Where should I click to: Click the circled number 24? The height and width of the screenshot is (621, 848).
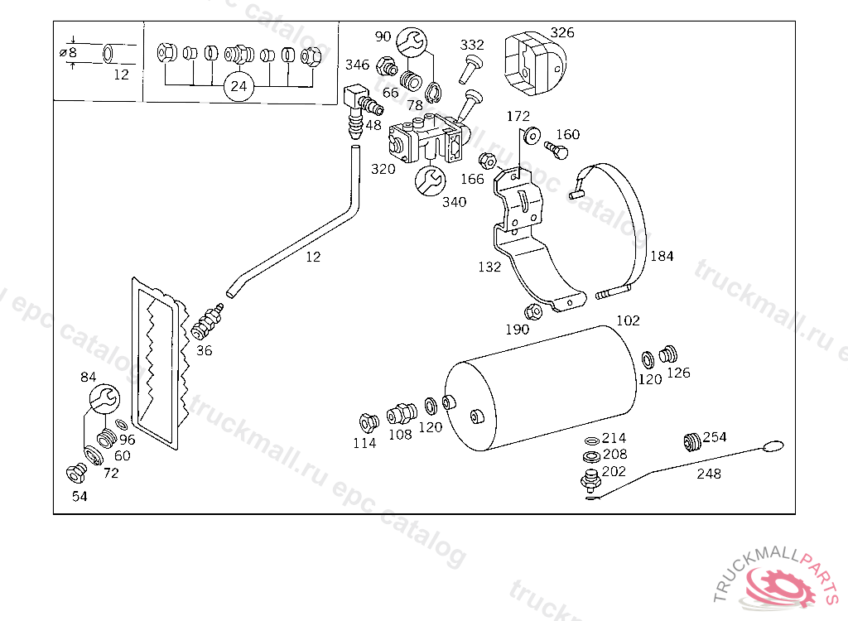click(x=238, y=86)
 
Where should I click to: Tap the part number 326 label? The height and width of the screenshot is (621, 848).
click(x=562, y=32)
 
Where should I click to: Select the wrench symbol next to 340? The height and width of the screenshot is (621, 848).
click(x=430, y=180)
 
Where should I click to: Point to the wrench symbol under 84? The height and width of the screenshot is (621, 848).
click(x=104, y=399)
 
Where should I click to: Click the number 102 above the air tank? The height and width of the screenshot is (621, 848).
click(x=628, y=320)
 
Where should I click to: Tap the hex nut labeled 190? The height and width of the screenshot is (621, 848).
click(x=533, y=311)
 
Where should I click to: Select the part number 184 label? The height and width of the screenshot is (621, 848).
click(x=662, y=256)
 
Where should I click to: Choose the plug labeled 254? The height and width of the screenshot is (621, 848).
click(x=692, y=440)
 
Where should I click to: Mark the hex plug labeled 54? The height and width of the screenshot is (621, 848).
click(x=76, y=474)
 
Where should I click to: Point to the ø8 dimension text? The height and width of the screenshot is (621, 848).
click(x=69, y=52)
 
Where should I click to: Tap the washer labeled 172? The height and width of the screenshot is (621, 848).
click(x=532, y=135)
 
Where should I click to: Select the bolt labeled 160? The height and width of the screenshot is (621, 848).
click(x=556, y=150)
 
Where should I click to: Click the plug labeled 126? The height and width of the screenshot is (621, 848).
click(x=669, y=354)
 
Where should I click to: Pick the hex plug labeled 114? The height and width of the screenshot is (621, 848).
click(x=369, y=422)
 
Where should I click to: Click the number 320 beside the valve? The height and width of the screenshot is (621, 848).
click(x=383, y=169)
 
